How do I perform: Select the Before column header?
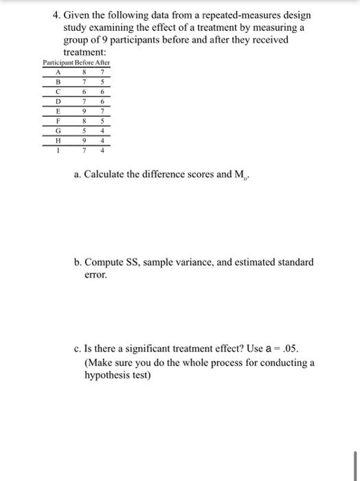click(85, 63)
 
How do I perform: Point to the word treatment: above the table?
click(85, 52)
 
